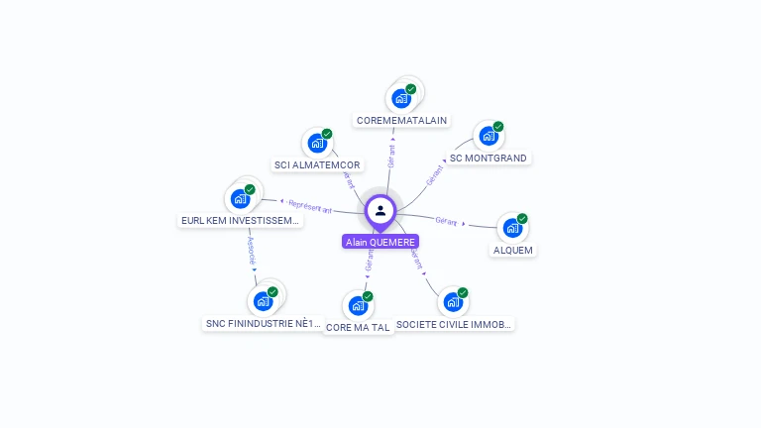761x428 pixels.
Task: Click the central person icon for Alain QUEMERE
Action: pyautogui.click(x=380, y=211)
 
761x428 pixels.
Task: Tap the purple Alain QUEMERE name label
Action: pyautogui.click(x=380, y=242)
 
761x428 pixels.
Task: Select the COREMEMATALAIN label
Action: pyautogui.click(x=401, y=121)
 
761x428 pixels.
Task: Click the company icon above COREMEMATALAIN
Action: pyautogui.click(x=401, y=98)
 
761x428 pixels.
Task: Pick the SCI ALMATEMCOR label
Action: pyautogui.click(x=317, y=164)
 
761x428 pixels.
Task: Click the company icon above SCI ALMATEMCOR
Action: pyautogui.click(x=317, y=143)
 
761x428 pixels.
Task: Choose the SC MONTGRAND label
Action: pyautogui.click(x=489, y=158)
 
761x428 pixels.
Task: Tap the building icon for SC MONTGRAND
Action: pyautogui.click(x=488, y=136)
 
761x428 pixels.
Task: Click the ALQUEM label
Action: pyautogui.click(x=513, y=250)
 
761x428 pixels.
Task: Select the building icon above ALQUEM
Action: pyautogui.click(x=511, y=228)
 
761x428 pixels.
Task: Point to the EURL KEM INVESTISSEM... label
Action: pyautogui.click(x=240, y=221)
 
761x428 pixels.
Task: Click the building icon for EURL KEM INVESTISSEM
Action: pyautogui.click(x=240, y=198)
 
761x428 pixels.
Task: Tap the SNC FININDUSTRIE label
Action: pyautogui.click(x=264, y=323)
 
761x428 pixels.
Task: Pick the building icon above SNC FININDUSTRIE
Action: pyautogui.click(x=264, y=300)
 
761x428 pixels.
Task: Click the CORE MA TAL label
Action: pyautogui.click(x=358, y=327)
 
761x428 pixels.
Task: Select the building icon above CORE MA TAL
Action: pyautogui.click(x=358, y=305)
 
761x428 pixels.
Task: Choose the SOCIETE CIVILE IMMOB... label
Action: pyautogui.click(x=454, y=324)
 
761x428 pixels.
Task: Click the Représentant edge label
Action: pyautogui.click(x=310, y=207)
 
